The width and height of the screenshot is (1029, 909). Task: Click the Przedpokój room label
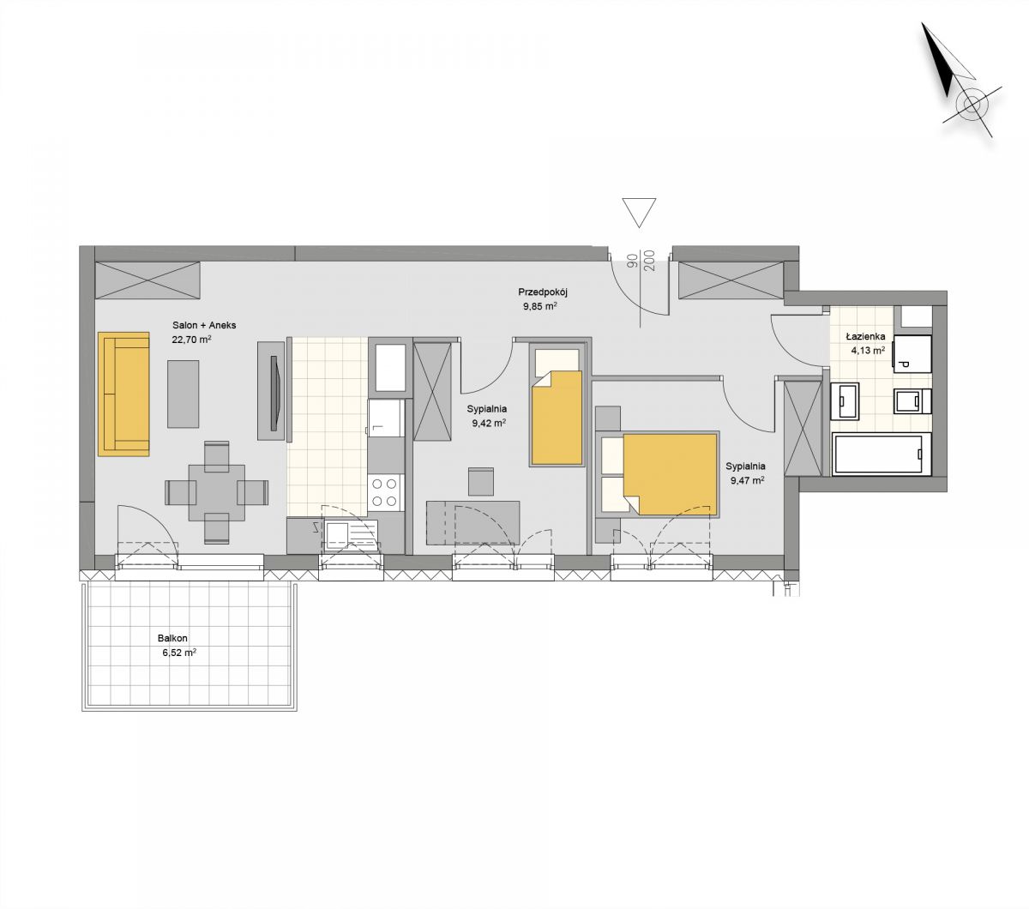point(543,292)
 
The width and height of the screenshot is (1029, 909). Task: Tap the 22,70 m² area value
point(191,340)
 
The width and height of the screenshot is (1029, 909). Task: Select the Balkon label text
point(172,638)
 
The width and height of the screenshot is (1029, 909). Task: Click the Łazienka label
point(865,336)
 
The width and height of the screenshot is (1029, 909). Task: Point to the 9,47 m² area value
point(748,480)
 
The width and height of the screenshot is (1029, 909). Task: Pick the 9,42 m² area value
point(489,424)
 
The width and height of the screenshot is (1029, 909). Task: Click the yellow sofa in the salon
point(123,394)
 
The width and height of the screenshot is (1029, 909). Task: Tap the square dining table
point(216,492)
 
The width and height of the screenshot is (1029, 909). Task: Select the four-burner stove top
point(384,492)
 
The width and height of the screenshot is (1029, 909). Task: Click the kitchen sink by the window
point(352,536)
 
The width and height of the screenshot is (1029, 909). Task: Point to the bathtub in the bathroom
point(882,454)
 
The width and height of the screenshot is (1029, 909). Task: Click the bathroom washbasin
point(845,401)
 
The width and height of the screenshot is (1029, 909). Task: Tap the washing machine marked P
point(912,354)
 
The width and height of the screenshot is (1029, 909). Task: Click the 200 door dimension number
point(652,262)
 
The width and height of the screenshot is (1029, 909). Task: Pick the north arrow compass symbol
point(960,81)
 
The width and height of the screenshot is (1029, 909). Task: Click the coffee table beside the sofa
point(183,394)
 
